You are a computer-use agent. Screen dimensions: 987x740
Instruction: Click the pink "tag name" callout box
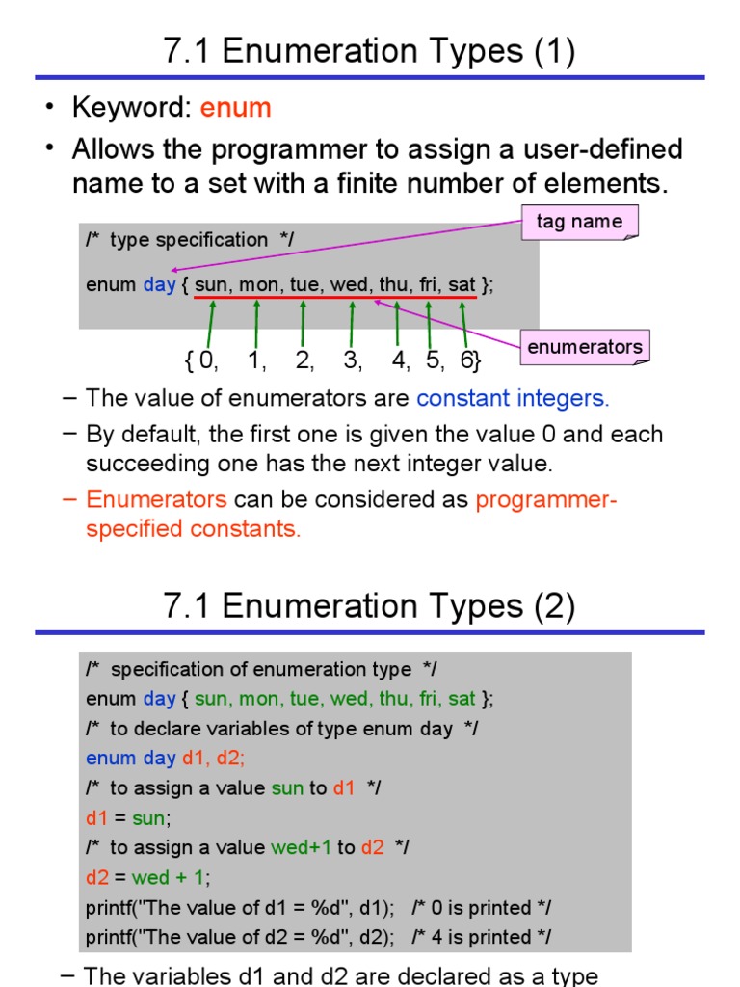click(x=579, y=222)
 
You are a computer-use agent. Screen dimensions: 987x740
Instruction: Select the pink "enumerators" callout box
click(x=584, y=347)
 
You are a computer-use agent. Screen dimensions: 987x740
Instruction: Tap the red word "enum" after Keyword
click(x=235, y=108)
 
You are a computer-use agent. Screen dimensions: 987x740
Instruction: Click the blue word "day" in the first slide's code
click(x=159, y=285)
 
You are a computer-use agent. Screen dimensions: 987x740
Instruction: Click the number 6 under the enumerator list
click(x=466, y=361)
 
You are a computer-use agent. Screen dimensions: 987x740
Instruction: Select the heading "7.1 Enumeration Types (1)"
click(x=370, y=52)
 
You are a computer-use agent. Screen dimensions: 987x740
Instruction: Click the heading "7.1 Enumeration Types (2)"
click(x=370, y=606)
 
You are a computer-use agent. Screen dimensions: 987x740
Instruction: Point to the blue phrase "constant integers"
click(x=511, y=398)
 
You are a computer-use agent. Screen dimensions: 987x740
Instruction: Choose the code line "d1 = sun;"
click(x=128, y=818)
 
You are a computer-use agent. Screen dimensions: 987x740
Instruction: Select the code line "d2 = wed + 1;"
click(x=147, y=878)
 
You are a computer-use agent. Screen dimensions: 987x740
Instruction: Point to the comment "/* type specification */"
click(x=189, y=240)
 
